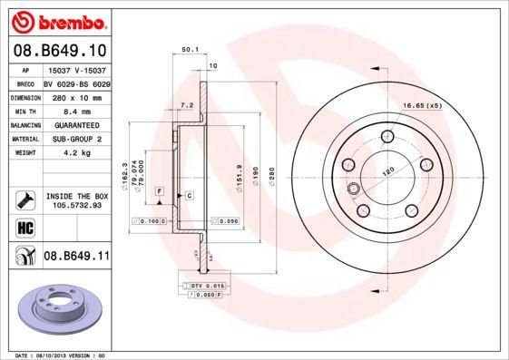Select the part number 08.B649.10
(61, 50)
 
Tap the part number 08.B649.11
(76, 257)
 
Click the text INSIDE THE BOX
(76, 194)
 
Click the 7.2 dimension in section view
(188, 106)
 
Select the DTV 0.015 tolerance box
(206, 287)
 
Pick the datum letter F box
(158, 191)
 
